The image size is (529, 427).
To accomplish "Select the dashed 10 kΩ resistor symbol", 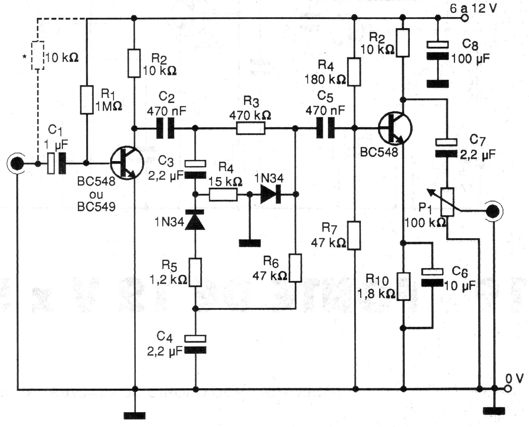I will point(37,55).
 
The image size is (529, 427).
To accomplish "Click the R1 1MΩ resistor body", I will point(87,100).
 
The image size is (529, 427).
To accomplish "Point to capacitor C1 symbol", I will point(57,164).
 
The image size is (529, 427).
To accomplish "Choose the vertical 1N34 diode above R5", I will point(195,221).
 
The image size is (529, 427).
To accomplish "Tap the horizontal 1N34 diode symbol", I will point(271,195).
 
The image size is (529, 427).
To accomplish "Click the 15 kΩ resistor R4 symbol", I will point(223,195).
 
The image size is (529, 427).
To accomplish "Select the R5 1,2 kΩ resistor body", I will point(195,272).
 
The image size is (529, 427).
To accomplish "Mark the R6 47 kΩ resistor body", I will point(295,268).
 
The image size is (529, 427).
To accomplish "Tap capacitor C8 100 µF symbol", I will point(438,51).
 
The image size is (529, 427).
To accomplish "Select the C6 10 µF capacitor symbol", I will point(432,277).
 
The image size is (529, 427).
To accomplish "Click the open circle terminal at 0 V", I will point(509,389).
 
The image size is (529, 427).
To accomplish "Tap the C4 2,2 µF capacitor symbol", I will point(195,344).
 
